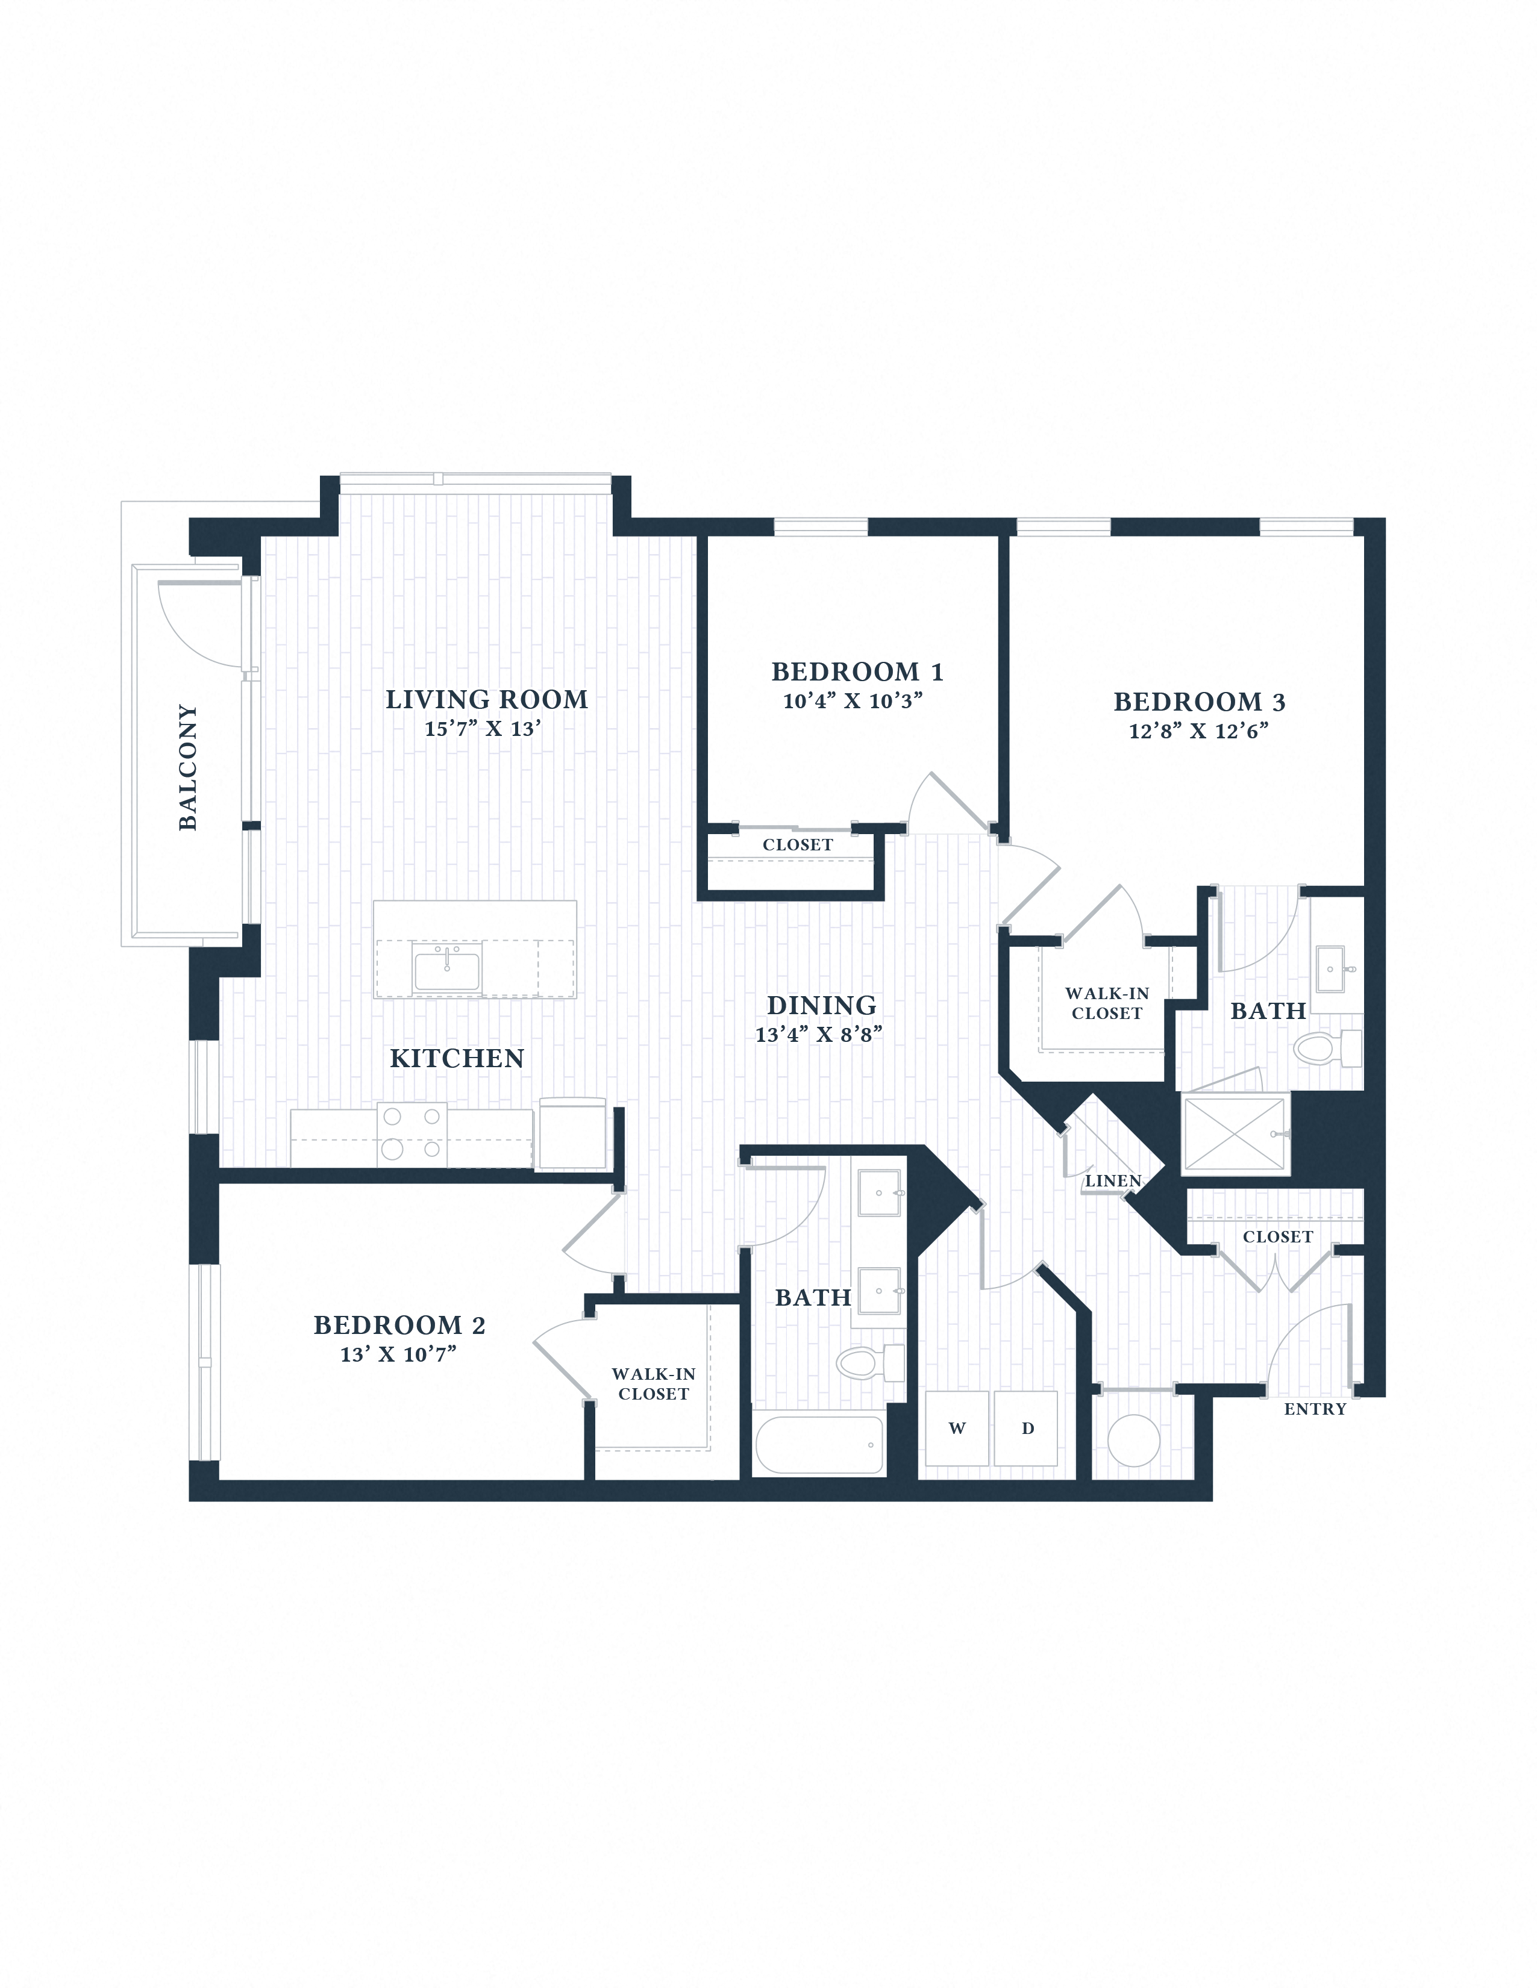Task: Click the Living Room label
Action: pyautogui.click(x=486, y=699)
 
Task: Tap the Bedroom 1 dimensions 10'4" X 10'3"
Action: pyautogui.click(x=853, y=701)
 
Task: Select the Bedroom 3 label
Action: pyautogui.click(x=1198, y=702)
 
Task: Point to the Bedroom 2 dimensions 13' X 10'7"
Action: pyautogui.click(x=398, y=1354)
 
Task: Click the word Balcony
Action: pyautogui.click(x=187, y=767)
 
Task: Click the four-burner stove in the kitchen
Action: pyautogui.click(x=412, y=1133)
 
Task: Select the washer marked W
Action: pyautogui.click(x=956, y=1428)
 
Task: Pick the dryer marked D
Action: pyautogui.click(x=1026, y=1428)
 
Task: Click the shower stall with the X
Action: pyautogui.click(x=1234, y=1134)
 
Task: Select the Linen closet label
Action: pyautogui.click(x=1113, y=1180)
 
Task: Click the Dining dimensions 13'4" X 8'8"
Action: pyautogui.click(x=819, y=1035)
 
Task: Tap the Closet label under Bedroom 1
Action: pyautogui.click(x=798, y=845)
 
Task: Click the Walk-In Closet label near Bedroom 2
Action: pyautogui.click(x=653, y=1383)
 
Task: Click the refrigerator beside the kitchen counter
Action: pyautogui.click(x=572, y=1133)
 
